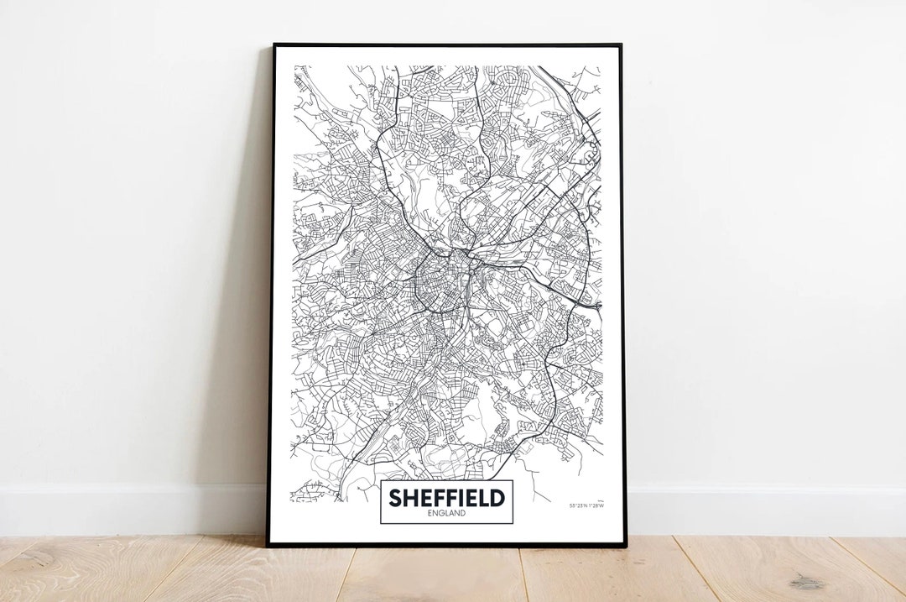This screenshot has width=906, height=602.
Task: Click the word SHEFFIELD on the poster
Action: [446, 498]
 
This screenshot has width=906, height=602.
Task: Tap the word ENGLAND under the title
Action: [446, 514]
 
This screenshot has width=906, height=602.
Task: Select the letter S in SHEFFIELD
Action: [394, 498]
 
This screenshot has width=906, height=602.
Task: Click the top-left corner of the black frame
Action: [274, 44]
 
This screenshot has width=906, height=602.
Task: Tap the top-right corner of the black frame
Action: [620, 45]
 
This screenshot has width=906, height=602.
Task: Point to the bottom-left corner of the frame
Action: [268, 545]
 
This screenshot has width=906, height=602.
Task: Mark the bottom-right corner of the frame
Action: [625, 546]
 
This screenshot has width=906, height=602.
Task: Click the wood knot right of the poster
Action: [806, 582]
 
